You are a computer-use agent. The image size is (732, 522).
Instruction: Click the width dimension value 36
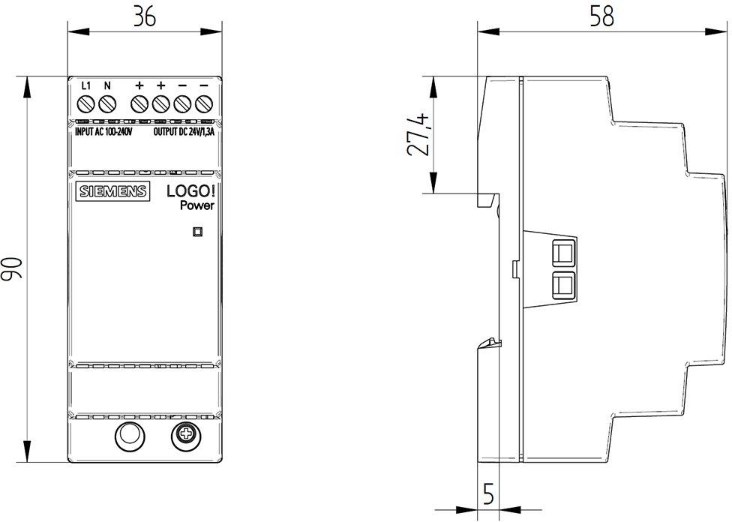(144, 16)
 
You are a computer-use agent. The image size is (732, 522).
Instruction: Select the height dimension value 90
(11, 268)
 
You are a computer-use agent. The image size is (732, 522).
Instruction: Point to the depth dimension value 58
(601, 16)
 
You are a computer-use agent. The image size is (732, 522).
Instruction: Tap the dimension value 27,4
(417, 134)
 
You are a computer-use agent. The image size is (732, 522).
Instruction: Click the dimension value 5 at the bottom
(487, 494)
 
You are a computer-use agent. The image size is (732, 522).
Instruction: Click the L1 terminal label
(85, 85)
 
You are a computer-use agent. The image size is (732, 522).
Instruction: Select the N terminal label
(107, 85)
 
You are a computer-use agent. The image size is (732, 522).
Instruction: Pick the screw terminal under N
(107, 103)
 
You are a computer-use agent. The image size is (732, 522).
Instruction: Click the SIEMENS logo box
(113, 191)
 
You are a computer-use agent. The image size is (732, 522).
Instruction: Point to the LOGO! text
(190, 191)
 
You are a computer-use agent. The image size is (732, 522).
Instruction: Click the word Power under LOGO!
(197, 205)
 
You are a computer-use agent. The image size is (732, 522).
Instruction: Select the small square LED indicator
(197, 231)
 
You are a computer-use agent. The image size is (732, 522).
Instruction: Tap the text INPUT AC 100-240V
(104, 132)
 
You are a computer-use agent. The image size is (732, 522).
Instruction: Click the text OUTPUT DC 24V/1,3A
(184, 132)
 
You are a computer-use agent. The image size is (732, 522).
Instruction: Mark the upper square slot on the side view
(563, 252)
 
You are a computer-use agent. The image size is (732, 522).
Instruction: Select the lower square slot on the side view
(563, 286)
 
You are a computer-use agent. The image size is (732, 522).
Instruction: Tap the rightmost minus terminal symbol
(204, 85)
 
